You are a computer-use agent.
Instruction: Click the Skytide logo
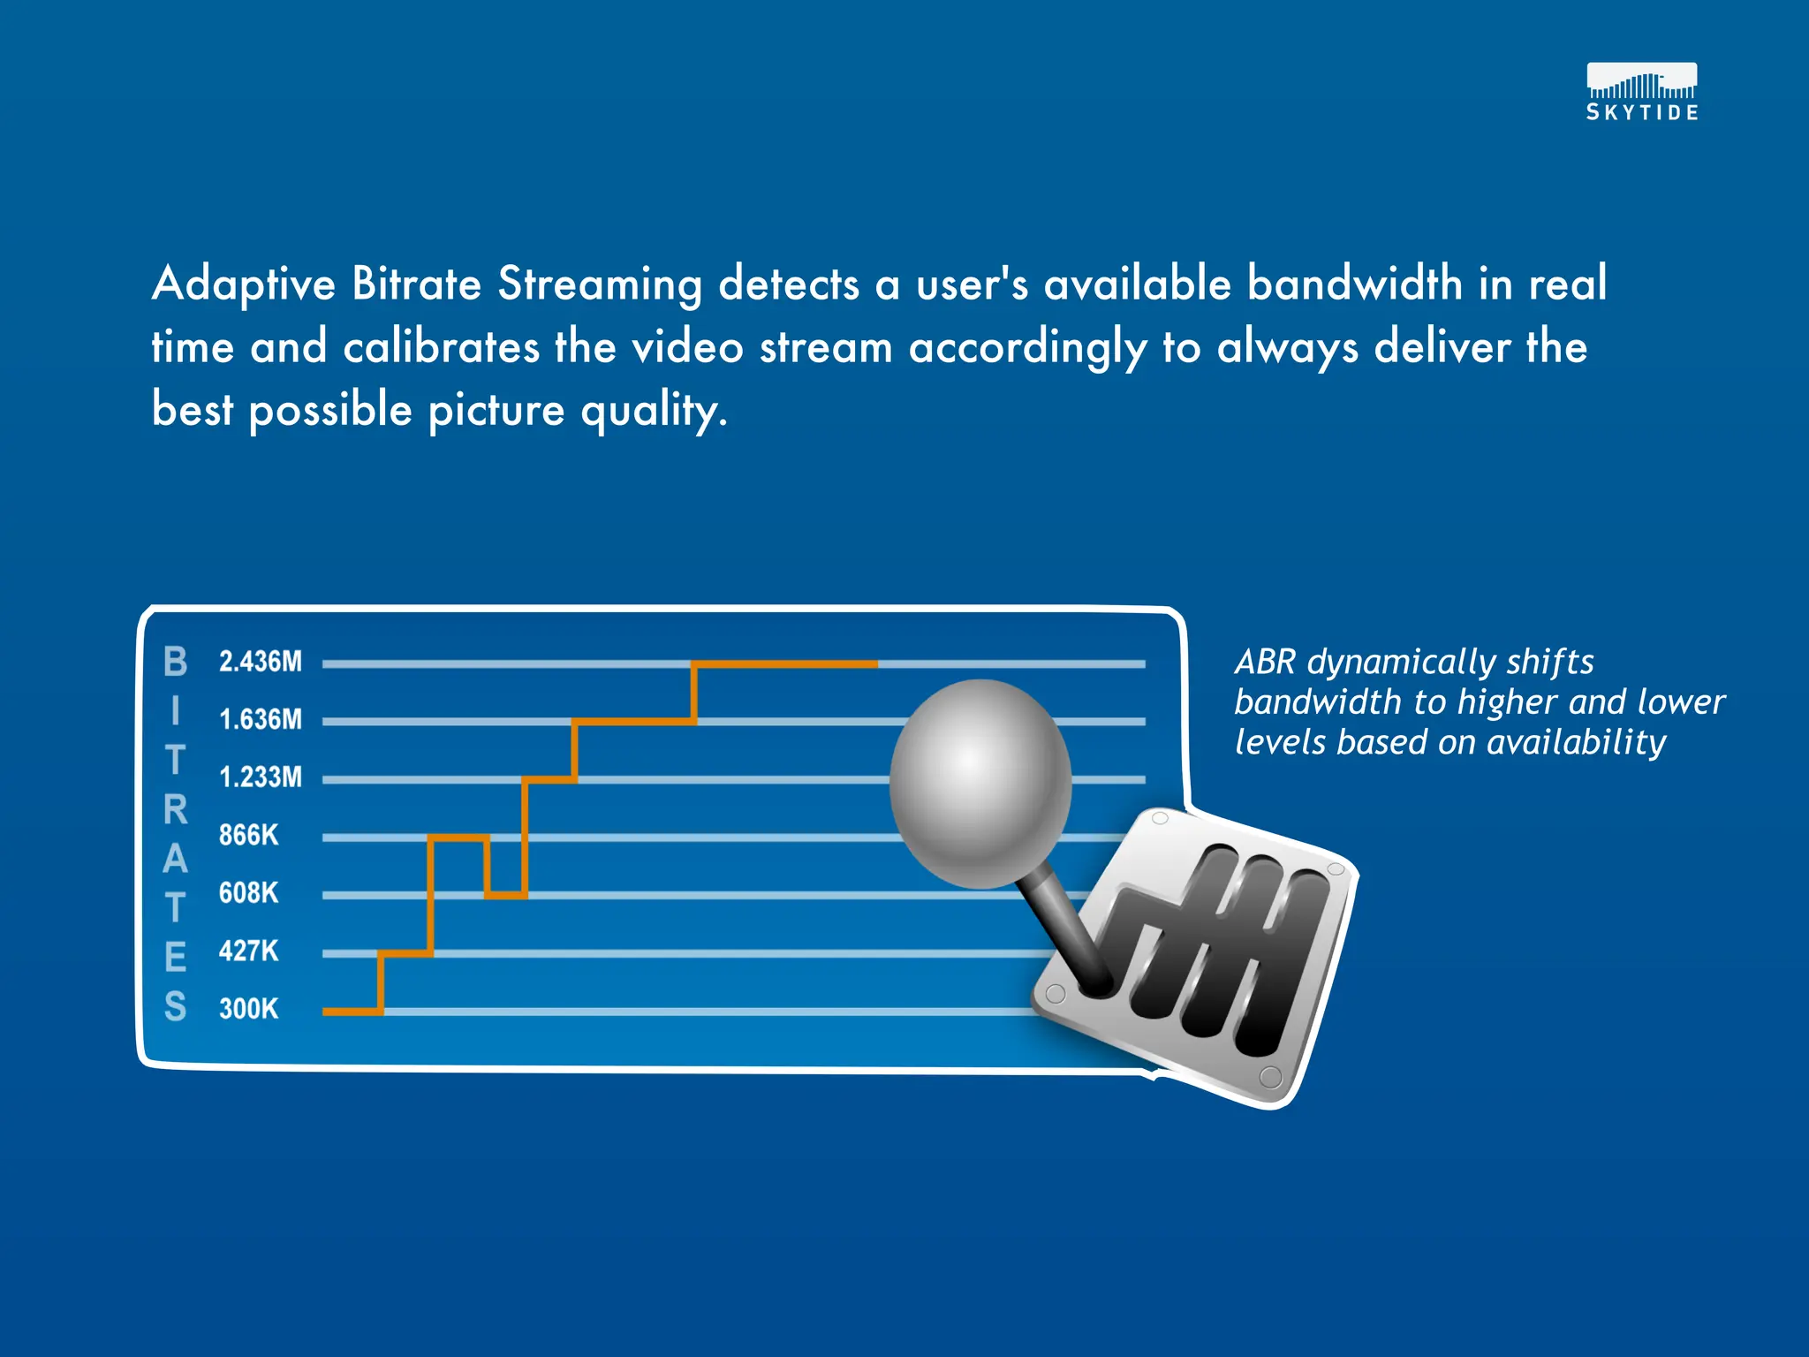pos(1641,92)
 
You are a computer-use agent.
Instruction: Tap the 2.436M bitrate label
pos(261,662)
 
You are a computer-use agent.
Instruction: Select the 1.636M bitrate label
pos(261,720)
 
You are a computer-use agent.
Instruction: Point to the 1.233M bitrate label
pos(261,777)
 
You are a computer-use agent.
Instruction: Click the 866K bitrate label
pos(249,835)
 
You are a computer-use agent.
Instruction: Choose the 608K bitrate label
pos(249,893)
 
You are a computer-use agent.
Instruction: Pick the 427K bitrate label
pos(249,951)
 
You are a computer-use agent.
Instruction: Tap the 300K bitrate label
pos(249,1009)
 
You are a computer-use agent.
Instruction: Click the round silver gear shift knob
pos(980,782)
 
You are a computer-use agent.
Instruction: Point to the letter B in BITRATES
pos(176,662)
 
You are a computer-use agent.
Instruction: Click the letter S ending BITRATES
pos(176,1007)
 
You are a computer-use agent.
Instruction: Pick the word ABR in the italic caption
pos(1265,663)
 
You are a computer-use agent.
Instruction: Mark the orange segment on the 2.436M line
pos(784,663)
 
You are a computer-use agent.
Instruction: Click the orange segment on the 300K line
pos(352,1011)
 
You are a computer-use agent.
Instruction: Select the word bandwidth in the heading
pos(1355,284)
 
